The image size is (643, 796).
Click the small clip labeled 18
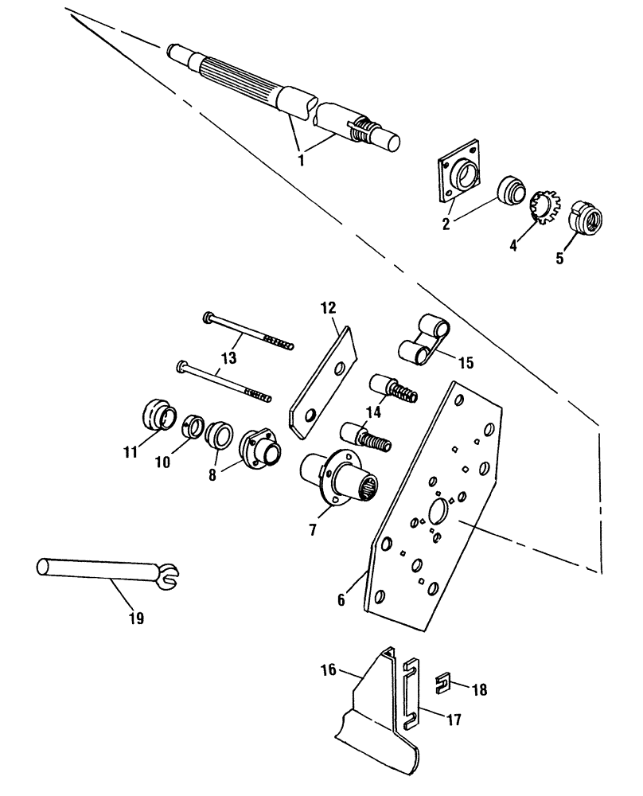pos(448,682)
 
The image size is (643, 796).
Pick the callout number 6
pos(341,599)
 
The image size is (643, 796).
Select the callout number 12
pos(329,306)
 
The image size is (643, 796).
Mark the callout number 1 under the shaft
pos(300,159)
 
